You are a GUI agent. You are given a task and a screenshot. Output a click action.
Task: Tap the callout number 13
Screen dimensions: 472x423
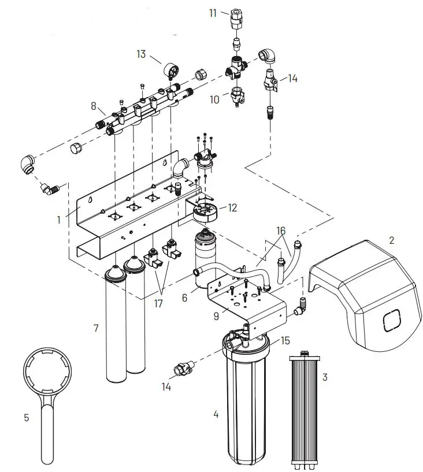[x=141, y=54]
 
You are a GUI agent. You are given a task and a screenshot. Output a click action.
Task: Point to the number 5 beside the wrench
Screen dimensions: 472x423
[x=26, y=417]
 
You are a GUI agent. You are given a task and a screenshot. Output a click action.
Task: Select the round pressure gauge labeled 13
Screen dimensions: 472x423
[x=172, y=72]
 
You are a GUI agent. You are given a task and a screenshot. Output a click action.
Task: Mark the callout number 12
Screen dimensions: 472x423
[x=232, y=207]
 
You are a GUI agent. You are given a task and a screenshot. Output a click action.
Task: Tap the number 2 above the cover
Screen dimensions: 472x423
[x=391, y=240]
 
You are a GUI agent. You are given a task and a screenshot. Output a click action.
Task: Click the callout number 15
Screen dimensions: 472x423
[x=284, y=341]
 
